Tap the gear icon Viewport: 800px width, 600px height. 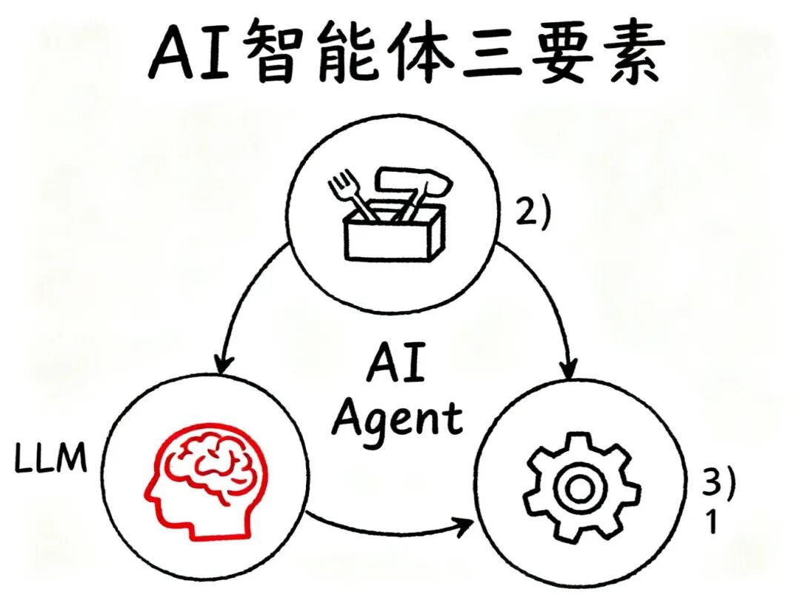tap(578, 485)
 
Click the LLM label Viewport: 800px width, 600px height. tap(51, 460)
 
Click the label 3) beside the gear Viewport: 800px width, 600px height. tap(719, 485)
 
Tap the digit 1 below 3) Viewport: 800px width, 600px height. tap(710, 523)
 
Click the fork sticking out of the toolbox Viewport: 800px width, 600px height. tap(344, 190)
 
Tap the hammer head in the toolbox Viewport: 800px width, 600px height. tap(412, 179)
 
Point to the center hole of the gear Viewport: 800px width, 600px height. tap(578, 487)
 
